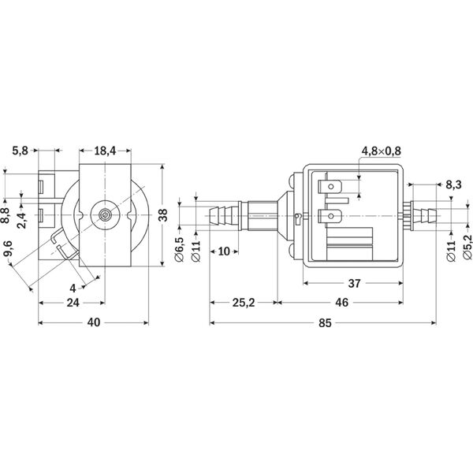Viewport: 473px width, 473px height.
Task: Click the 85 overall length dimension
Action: point(325,323)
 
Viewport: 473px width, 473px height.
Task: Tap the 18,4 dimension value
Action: point(105,151)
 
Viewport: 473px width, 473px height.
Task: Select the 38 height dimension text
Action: point(163,214)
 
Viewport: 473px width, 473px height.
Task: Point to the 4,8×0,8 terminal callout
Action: point(382,151)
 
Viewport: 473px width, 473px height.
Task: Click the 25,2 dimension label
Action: point(244,303)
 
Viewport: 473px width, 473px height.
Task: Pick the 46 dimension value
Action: point(341,302)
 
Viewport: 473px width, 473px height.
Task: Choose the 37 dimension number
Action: point(354,283)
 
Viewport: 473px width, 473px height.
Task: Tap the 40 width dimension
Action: point(94,322)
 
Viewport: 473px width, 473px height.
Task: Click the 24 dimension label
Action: point(73,303)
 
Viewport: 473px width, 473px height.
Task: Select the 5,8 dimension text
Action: point(20,151)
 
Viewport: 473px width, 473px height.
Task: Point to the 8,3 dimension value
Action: point(453,184)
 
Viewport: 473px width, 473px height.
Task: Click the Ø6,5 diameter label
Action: point(179,249)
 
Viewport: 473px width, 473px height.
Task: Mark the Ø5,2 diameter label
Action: point(467,247)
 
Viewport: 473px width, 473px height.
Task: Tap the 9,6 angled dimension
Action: point(8,248)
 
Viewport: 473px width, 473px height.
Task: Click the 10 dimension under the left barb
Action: point(224,251)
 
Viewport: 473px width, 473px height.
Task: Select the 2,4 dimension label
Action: point(22,221)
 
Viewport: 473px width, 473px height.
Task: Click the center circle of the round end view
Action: point(105,214)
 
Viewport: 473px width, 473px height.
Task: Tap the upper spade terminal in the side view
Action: point(330,187)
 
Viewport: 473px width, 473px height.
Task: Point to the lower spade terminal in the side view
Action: point(330,216)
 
